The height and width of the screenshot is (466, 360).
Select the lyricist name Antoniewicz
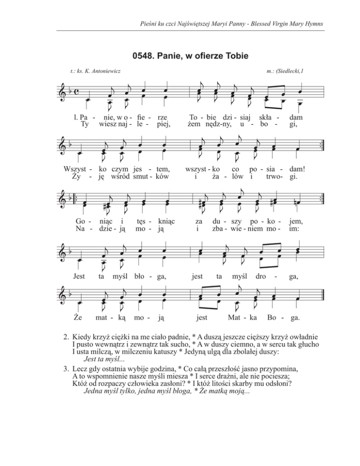(102, 71)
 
